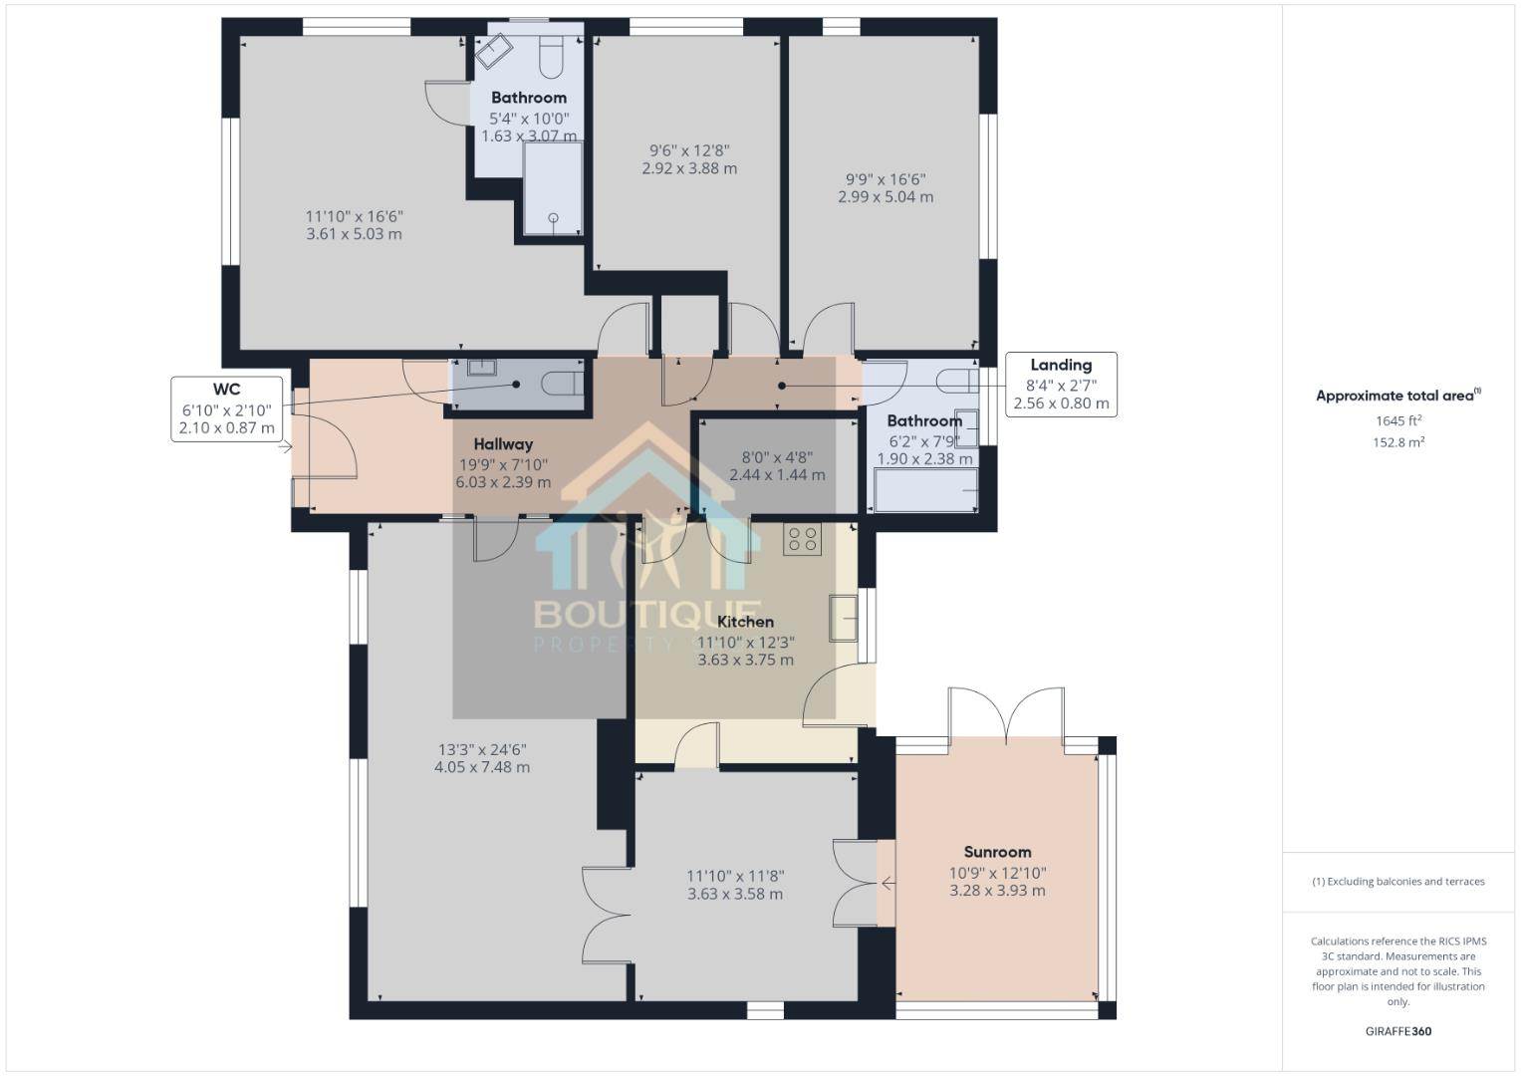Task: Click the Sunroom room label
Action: tap(997, 852)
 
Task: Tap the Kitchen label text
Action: tap(745, 622)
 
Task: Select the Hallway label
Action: tap(503, 444)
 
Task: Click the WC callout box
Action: tap(226, 408)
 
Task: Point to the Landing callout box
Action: tap(1061, 385)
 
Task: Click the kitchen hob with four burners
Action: tap(802, 539)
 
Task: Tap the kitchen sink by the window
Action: tap(843, 618)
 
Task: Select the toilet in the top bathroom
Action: tap(551, 58)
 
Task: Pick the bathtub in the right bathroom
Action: tap(925, 491)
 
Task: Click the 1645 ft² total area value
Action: tap(1398, 420)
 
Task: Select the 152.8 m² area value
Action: tap(1398, 442)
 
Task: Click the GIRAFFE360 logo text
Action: tap(1398, 1031)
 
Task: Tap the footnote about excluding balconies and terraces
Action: tap(1398, 882)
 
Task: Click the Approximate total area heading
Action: tap(1397, 396)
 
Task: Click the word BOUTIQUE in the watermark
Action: tap(647, 613)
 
